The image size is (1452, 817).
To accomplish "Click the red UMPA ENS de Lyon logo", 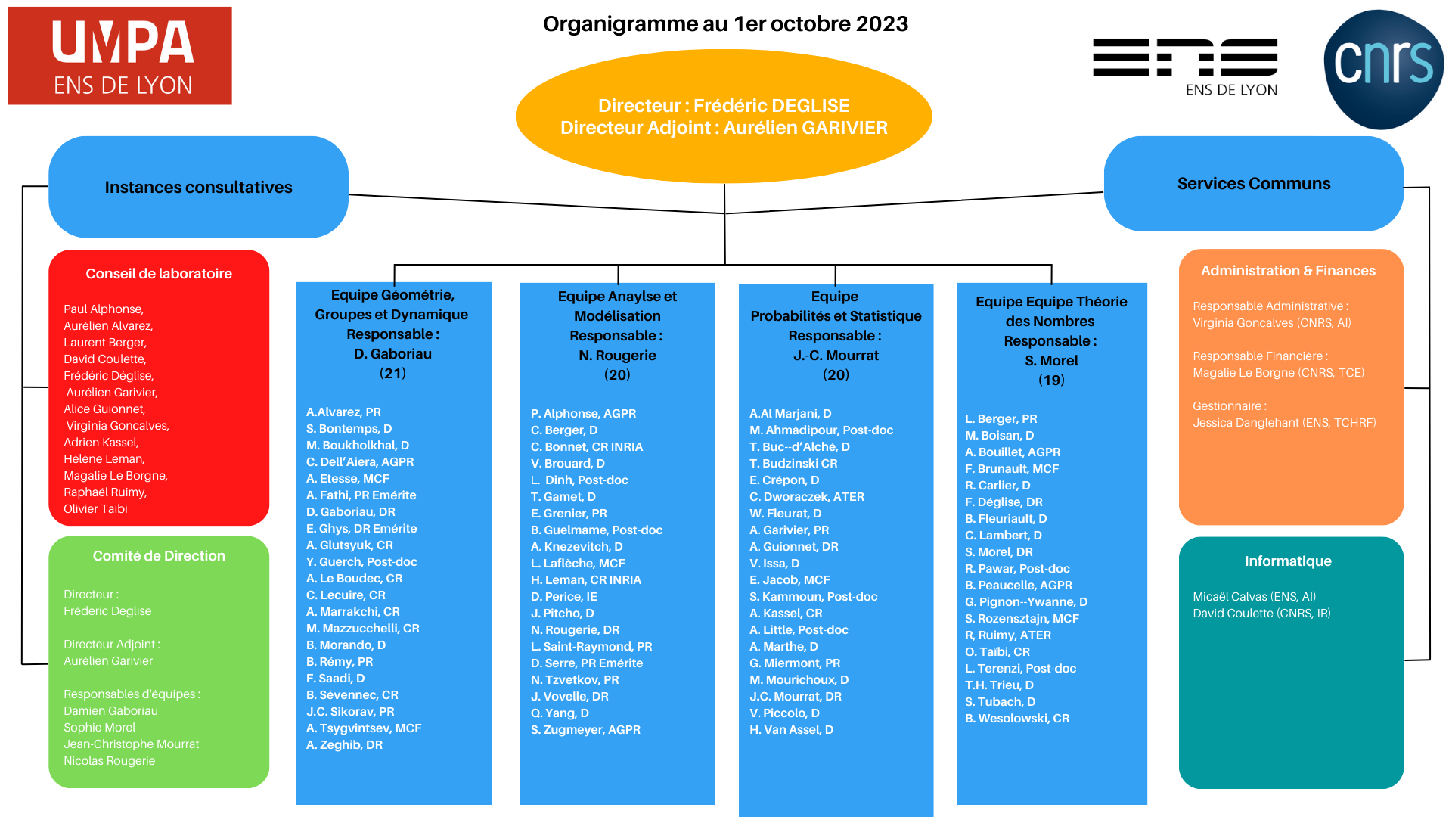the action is tap(120, 56).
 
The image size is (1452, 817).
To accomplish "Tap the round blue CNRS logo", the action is tap(1383, 70).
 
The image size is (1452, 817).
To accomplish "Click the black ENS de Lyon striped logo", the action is tap(1185, 67).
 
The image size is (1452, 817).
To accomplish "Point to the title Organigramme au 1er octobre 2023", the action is tap(725, 24).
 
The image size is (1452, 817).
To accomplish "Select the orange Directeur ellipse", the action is tap(724, 116).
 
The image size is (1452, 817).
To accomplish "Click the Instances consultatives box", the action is tap(198, 187).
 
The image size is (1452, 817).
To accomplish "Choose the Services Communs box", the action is tap(1253, 183).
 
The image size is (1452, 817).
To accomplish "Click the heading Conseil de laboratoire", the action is tap(159, 274).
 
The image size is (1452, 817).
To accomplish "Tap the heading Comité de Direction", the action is tap(159, 556).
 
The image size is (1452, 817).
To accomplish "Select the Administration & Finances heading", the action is tap(1288, 271).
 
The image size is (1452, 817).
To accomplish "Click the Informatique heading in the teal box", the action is tap(1288, 561).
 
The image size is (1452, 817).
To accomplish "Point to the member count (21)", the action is tap(392, 374).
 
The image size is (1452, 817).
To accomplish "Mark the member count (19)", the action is tap(1051, 381).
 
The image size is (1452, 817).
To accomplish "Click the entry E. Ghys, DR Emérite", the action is tap(361, 529).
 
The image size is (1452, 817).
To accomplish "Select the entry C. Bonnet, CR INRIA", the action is tap(587, 447).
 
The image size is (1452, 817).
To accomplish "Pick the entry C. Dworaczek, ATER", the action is tap(807, 497).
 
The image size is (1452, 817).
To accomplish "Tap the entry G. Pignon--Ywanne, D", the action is tap(1026, 602).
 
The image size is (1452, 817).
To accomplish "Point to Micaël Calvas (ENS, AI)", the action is tap(1255, 597).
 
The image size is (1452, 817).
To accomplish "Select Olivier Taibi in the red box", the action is tap(95, 509).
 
